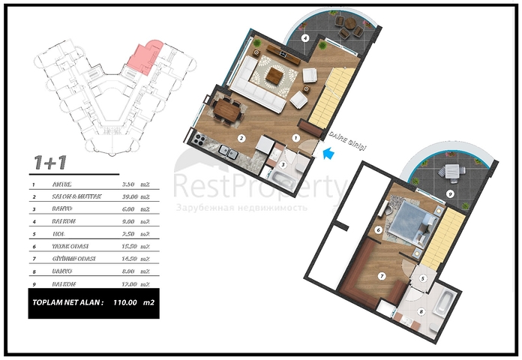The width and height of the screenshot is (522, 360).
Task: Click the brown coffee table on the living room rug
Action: [x=275, y=75]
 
